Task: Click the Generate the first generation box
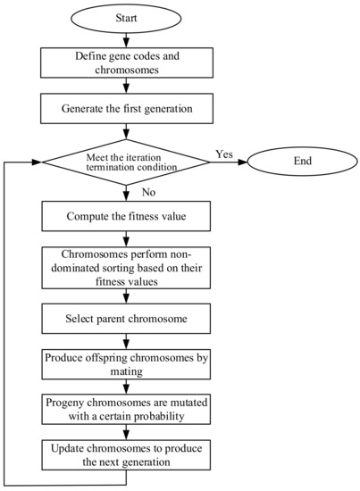125,112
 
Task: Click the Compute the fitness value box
125,216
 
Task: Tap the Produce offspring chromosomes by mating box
125,363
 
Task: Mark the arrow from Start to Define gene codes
125,39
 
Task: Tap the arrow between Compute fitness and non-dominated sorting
125,237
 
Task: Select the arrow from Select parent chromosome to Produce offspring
125,337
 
